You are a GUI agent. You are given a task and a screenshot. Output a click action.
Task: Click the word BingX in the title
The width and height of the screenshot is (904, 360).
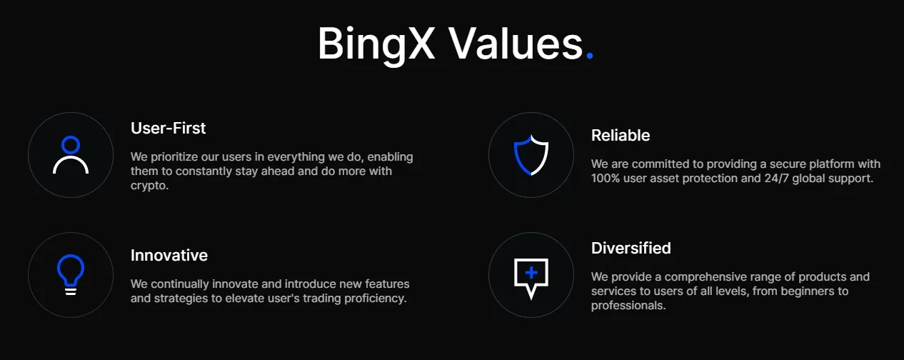click(x=376, y=44)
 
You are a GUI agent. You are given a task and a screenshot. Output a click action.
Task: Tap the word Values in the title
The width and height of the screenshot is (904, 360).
click(x=516, y=43)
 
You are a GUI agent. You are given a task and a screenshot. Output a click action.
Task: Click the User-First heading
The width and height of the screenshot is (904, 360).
click(x=168, y=129)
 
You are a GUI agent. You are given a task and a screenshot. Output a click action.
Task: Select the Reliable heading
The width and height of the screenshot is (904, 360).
click(x=621, y=136)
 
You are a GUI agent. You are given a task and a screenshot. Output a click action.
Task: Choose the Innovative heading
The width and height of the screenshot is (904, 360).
click(x=169, y=256)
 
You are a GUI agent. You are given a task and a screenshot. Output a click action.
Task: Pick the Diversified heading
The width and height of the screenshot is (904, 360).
click(x=631, y=248)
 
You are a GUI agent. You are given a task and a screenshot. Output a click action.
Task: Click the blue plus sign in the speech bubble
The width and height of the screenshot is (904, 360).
click(x=531, y=273)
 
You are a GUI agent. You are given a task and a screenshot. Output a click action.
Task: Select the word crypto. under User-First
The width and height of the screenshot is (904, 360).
click(x=149, y=186)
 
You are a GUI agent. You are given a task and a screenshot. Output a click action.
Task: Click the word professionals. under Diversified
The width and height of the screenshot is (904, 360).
click(x=628, y=306)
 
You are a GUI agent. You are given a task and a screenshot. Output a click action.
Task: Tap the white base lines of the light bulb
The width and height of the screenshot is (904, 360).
click(x=71, y=291)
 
